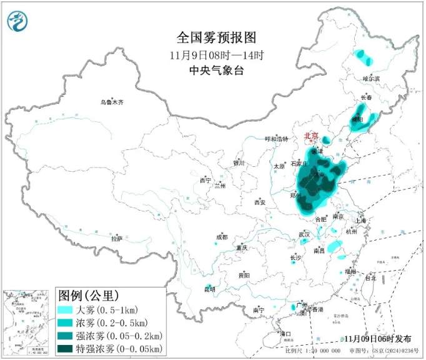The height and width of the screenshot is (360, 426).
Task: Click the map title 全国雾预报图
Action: pyautogui.click(x=212, y=37)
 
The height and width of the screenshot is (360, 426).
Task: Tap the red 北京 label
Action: pyautogui.click(x=311, y=136)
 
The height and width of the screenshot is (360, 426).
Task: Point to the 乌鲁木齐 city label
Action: pyautogui.click(x=113, y=101)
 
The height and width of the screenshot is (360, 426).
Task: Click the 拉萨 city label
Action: pyautogui.click(x=116, y=238)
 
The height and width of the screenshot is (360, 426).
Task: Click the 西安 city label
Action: pyautogui.click(x=260, y=202)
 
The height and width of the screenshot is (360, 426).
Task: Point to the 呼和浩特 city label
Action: pyautogui.click(x=277, y=139)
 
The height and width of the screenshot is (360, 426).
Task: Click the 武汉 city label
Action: pyautogui.click(x=304, y=234)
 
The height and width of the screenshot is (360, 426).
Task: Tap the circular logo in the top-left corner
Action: pyautogui.click(x=18, y=22)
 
